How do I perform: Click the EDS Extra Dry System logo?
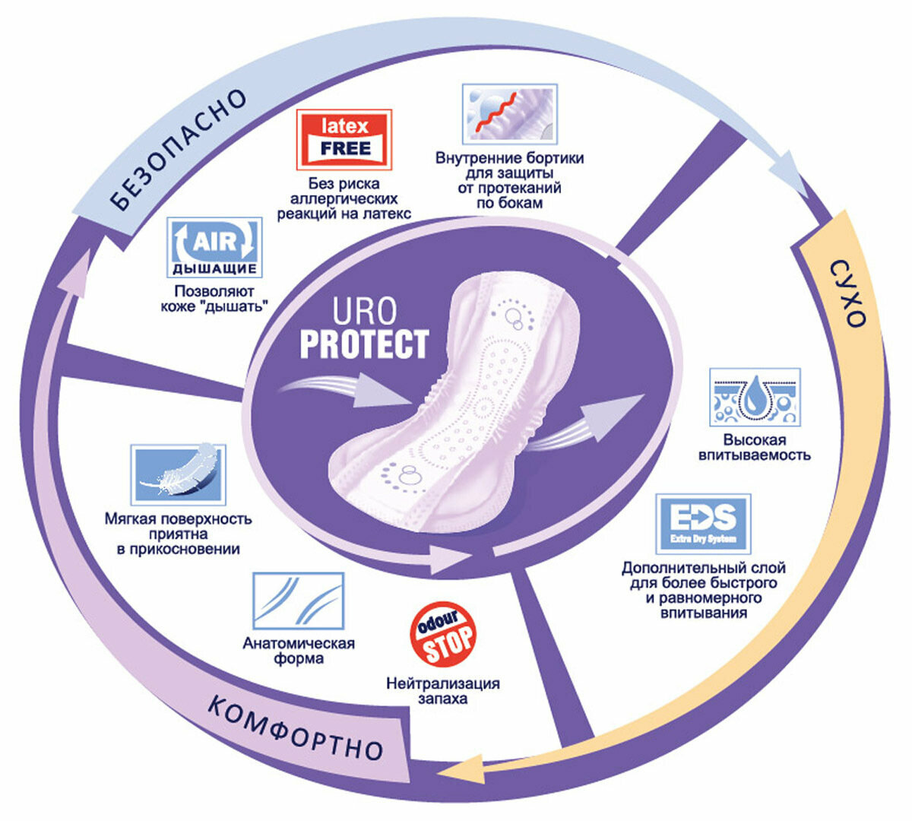point(703,523)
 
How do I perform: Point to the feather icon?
point(179,474)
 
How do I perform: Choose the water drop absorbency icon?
point(755,397)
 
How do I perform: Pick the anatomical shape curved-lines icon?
point(298,601)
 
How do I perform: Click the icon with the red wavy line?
point(510,114)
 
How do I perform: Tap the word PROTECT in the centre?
point(364,344)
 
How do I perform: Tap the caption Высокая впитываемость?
point(755,448)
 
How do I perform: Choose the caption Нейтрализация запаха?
point(443,690)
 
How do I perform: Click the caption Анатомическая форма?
point(299,651)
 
